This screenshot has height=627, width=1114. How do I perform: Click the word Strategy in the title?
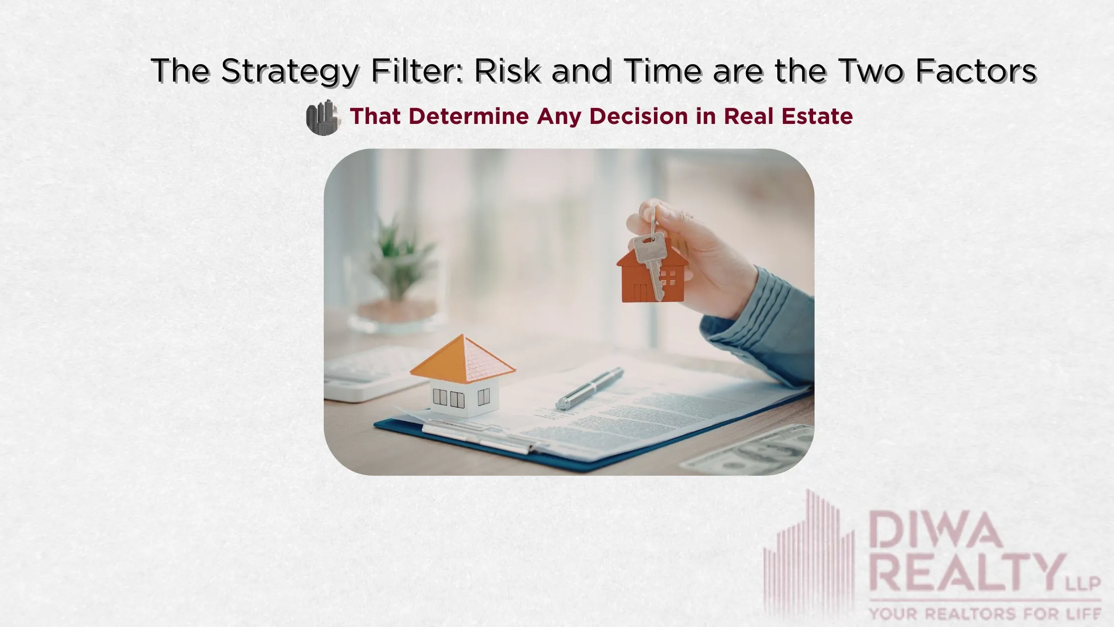(x=289, y=71)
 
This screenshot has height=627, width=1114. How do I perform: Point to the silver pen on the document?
(x=590, y=388)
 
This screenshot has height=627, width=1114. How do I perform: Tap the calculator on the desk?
(x=368, y=373)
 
